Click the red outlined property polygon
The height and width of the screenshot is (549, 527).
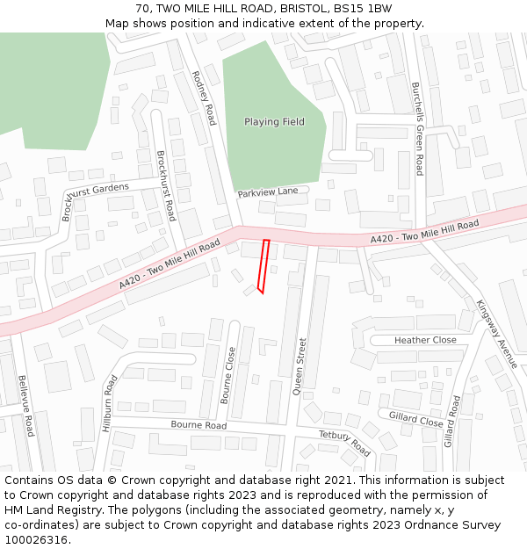click(x=263, y=264)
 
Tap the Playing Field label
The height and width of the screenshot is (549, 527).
click(x=274, y=122)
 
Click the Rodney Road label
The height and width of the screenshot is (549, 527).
click(x=203, y=98)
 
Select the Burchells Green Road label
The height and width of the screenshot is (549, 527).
click(x=418, y=128)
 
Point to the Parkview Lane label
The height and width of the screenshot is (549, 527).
click(x=268, y=191)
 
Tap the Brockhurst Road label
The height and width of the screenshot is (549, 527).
click(x=166, y=185)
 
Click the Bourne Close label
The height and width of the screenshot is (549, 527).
click(x=228, y=375)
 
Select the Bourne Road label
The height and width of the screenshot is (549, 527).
click(x=199, y=426)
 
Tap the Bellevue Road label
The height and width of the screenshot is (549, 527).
click(x=25, y=406)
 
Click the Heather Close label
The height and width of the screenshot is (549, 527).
click(x=425, y=340)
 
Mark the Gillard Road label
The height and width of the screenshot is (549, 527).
click(x=452, y=422)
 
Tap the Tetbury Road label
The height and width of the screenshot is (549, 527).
click(x=344, y=444)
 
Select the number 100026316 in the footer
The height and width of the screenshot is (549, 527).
click(x=36, y=540)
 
